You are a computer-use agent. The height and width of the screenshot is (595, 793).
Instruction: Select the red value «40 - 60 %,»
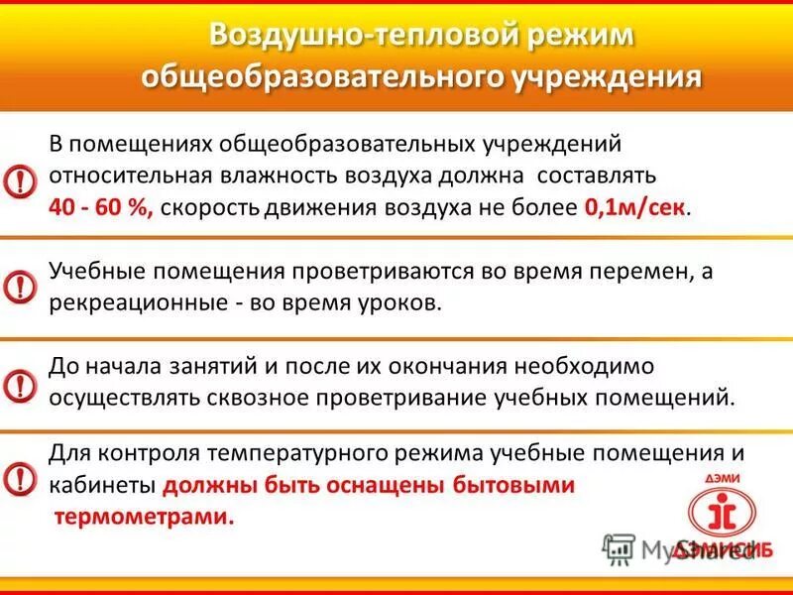point(100,208)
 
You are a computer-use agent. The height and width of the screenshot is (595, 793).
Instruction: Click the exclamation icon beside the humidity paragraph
point(19,179)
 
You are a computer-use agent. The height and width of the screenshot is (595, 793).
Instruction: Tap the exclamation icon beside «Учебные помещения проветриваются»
point(19,287)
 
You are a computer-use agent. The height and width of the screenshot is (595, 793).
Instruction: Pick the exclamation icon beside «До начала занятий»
point(19,383)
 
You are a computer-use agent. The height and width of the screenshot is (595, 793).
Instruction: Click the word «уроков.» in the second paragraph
point(402,303)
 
